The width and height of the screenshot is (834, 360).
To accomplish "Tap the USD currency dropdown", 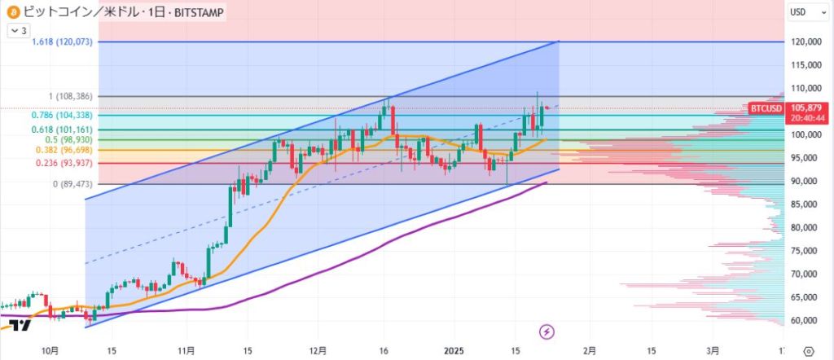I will pos(805,12).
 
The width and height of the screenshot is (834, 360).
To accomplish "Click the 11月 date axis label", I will pos(186,350).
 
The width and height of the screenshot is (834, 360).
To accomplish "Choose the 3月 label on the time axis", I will pos(713,350).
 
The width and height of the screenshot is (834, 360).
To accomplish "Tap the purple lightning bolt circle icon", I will pos(547,331).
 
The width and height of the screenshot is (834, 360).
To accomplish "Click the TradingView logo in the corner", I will pos(20,326).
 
